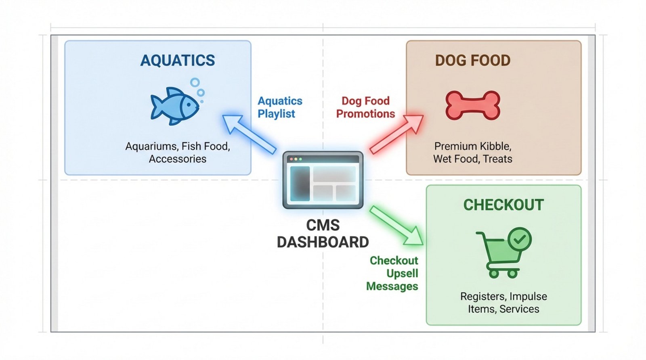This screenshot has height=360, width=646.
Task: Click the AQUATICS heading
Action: coord(178,61)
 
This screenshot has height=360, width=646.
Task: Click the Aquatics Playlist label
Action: coord(279,107)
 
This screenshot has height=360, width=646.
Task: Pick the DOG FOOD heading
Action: coord(472,61)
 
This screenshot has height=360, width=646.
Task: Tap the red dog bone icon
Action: coord(473,105)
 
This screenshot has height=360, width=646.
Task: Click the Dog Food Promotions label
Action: coord(365,107)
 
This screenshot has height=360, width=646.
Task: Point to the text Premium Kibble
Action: coord(472,146)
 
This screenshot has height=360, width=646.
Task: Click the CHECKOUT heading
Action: coord(503,205)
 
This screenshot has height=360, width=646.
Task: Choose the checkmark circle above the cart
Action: coord(520,239)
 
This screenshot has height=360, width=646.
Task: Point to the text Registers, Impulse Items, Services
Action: coord(503,303)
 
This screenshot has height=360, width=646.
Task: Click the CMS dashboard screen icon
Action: coord(323,180)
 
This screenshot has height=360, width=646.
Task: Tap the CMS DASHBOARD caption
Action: coord(323,234)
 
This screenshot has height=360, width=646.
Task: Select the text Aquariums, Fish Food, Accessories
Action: coord(178,153)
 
